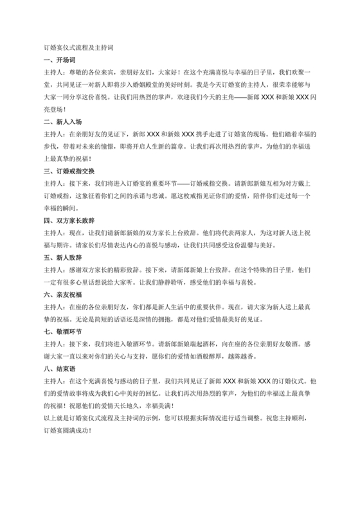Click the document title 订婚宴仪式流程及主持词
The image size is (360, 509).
(78, 48)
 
